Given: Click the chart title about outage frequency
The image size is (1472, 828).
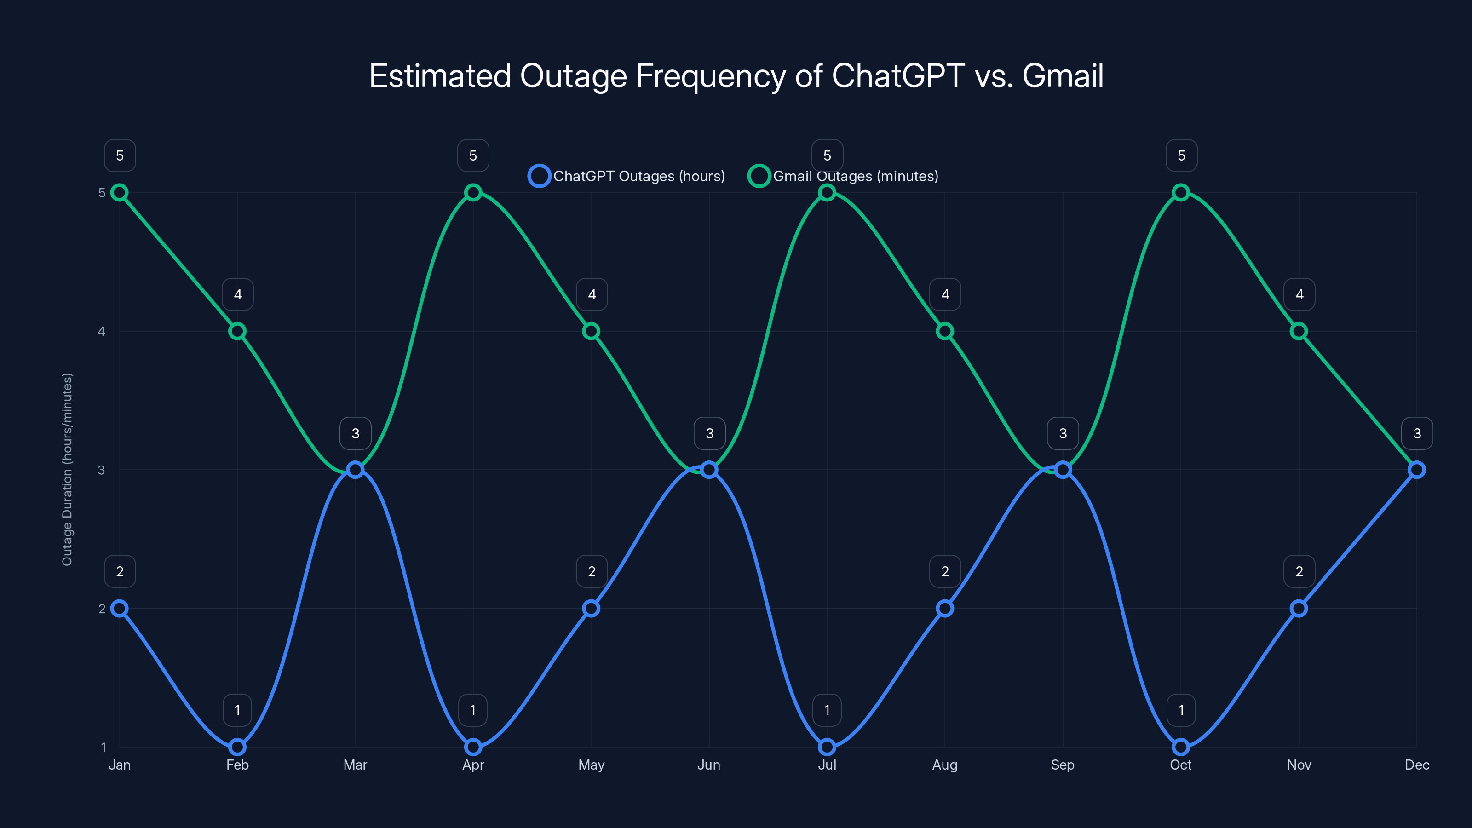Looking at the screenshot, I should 736,76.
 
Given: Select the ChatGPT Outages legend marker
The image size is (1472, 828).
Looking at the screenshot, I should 539,176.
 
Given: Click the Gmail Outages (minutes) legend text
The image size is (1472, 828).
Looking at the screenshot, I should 856,176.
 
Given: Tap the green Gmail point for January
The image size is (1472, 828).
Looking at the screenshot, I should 120,193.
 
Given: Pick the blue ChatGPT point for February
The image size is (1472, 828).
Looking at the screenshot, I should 237,747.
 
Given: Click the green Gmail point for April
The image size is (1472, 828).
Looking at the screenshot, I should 472,193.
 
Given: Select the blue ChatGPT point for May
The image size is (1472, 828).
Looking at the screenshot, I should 591,608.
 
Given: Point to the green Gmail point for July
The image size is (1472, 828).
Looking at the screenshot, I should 827,193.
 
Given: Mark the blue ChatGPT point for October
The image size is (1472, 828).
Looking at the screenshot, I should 1180,747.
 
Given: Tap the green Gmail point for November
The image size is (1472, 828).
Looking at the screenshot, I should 1299,331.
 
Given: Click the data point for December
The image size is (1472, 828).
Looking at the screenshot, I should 1417,470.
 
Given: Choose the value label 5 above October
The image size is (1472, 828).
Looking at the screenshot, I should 1181,155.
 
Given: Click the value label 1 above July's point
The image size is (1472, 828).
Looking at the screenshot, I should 827,710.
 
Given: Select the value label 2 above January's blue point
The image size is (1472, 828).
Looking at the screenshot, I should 120,571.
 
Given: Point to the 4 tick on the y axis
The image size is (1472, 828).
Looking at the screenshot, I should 102,331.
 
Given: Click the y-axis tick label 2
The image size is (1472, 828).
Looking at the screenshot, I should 102,609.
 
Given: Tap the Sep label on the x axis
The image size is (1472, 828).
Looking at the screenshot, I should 1062,765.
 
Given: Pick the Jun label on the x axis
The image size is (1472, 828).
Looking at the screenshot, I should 708,765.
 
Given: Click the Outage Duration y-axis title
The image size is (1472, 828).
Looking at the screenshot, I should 68,470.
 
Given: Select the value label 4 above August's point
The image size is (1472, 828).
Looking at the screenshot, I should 945,294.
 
